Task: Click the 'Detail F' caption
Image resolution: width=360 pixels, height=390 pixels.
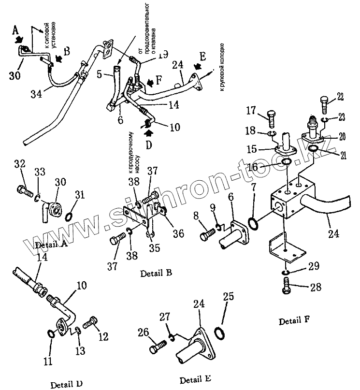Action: [294, 321]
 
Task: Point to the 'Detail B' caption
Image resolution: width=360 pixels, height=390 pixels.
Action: [156, 273]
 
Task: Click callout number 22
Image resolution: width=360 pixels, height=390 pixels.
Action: [340, 97]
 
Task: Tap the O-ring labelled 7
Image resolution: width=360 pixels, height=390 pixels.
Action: [252, 224]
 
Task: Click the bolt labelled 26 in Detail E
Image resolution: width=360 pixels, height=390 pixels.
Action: [158, 347]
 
